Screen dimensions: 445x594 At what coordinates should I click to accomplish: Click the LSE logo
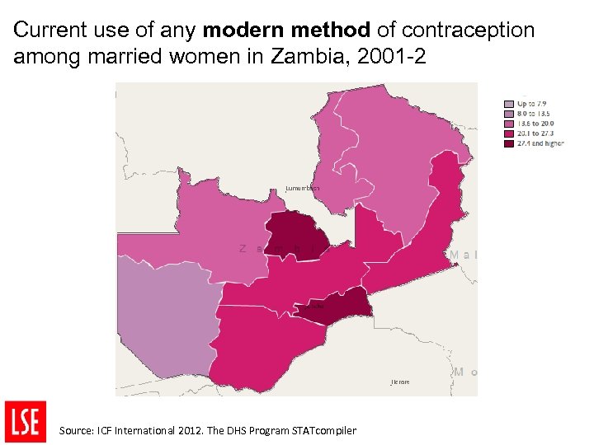[x=26, y=421]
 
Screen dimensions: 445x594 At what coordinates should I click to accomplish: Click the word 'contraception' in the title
[x=468, y=31]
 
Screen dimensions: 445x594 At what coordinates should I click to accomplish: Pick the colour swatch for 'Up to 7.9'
[x=509, y=105]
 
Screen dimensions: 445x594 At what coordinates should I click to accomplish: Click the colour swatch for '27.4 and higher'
[x=509, y=143]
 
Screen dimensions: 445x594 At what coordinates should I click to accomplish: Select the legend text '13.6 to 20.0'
[x=535, y=124]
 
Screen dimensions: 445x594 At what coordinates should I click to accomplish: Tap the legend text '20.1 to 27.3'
[x=535, y=133]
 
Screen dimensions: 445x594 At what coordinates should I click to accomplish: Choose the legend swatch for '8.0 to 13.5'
[x=509, y=114]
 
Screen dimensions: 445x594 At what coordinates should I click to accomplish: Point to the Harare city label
[x=399, y=382]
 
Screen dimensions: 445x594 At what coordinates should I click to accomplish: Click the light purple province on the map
[x=165, y=321]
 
